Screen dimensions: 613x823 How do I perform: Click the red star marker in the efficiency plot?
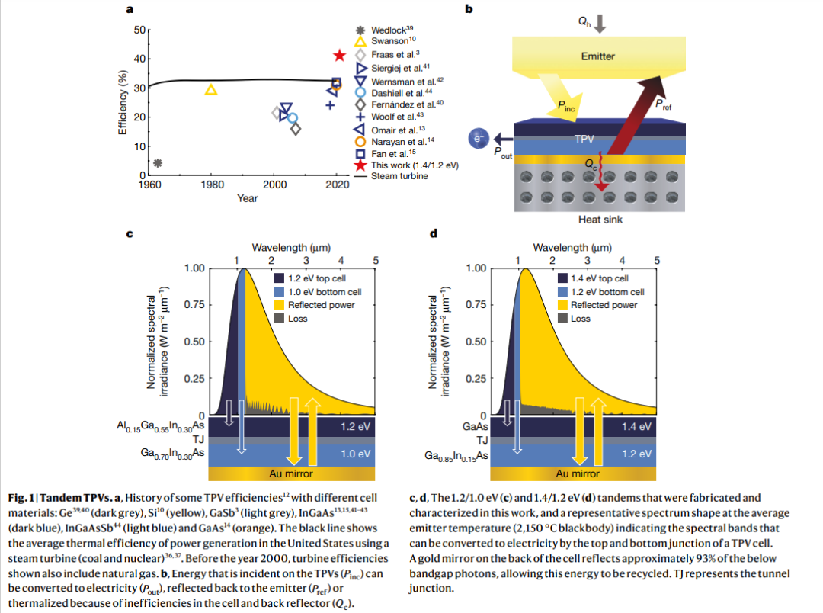pyautogui.click(x=341, y=56)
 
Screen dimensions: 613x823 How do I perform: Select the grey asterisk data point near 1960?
pyautogui.click(x=158, y=162)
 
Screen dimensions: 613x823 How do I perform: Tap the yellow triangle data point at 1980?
pyautogui.click(x=212, y=90)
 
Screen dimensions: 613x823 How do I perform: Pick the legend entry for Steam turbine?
pyautogui.click(x=399, y=176)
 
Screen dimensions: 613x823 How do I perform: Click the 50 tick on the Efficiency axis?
pyautogui.click(x=139, y=30)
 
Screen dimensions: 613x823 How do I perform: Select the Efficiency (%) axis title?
pyautogui.click(x=122, y=103)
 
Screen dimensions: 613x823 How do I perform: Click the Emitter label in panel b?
pyautogui.click(x=597, y=56)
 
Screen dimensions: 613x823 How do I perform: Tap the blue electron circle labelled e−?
pyautogui.click(x=479, y=139)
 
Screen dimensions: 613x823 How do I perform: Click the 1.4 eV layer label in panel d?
pyautogui.click(x=637, y=426)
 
